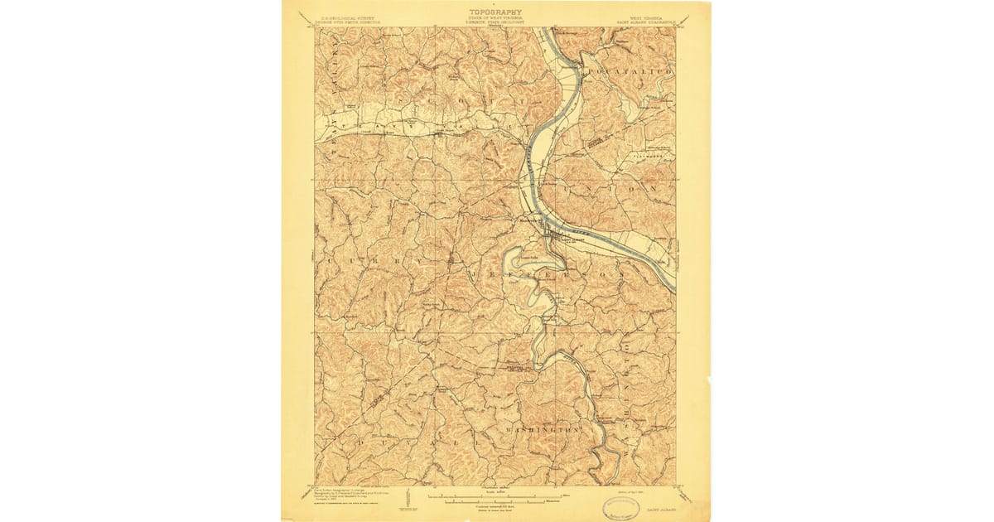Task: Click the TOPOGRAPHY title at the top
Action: coord(496,12)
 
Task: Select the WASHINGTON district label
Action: coord(539,430)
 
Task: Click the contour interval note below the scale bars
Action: coord(496,506)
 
